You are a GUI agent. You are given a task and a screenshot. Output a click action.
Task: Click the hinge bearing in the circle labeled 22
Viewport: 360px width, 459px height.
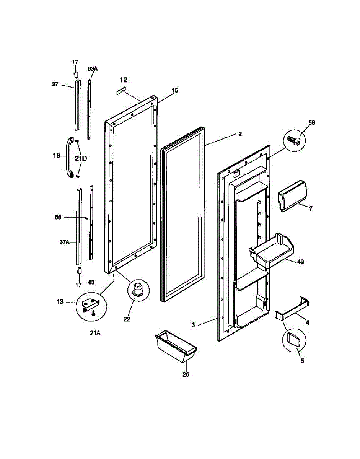pyautogui.click(x=138, y=289)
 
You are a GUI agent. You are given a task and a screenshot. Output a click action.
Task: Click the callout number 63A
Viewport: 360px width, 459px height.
pyautogui.click(x=93, y=69)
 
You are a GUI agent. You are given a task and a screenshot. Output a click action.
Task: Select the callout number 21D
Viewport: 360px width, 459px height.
pyautogui.click(x=81, y=158)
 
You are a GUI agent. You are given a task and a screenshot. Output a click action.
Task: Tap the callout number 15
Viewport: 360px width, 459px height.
pyautogui.click(x=175, y=91)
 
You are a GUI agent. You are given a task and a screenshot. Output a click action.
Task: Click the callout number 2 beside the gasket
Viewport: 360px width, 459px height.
pyautogui.click(x=240, y=134)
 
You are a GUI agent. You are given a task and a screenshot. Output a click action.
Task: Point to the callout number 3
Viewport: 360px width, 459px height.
pyautogui.click(x=193, y=325)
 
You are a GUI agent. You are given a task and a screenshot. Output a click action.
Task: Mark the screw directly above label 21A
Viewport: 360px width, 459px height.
pyautogui.click(x=94, y=314)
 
